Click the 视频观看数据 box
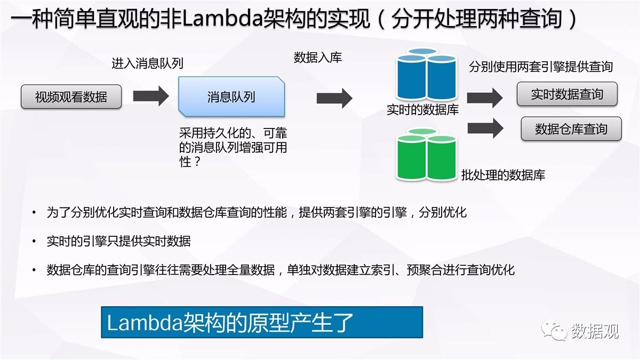tap(71, 97)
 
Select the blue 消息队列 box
tap(231, 97)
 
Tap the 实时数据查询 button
tap(567, 94)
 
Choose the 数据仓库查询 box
tap(571, 129)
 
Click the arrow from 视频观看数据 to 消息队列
tap(151, 96)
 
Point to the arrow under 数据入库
tap(334, 98)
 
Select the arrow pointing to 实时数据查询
tap(485, 98)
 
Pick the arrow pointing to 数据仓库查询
tap(485, 129)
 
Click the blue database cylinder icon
tap(426, 74)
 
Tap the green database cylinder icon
tap(426, 154)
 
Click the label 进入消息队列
tap(147, 63)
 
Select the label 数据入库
tap(318, 58)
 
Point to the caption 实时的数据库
tap(422, 110)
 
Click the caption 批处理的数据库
tap(503, 175)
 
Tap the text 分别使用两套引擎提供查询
tap(541, 67)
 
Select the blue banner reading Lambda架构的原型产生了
tap(262, 322)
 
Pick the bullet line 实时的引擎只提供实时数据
tap(118, 241)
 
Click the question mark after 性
tap(197, 162)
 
